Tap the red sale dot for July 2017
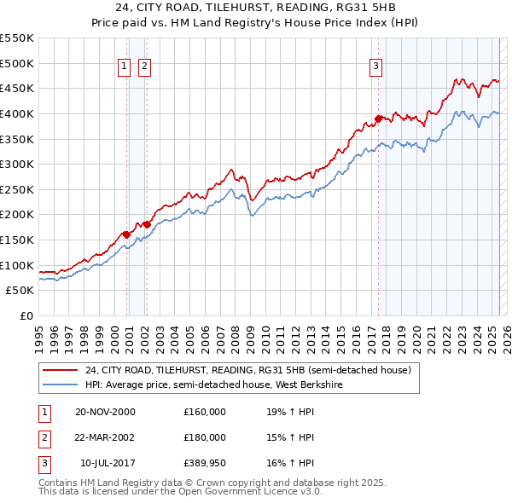[378, 119]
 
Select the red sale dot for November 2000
[126, 234]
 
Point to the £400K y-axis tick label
[17, 113]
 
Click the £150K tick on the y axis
[17, 240]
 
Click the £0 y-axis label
[26, 315]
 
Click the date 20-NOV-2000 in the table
[105, 412]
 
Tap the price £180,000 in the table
[204, 437]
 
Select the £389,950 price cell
[204, 463]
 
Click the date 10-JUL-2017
[105, 463]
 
